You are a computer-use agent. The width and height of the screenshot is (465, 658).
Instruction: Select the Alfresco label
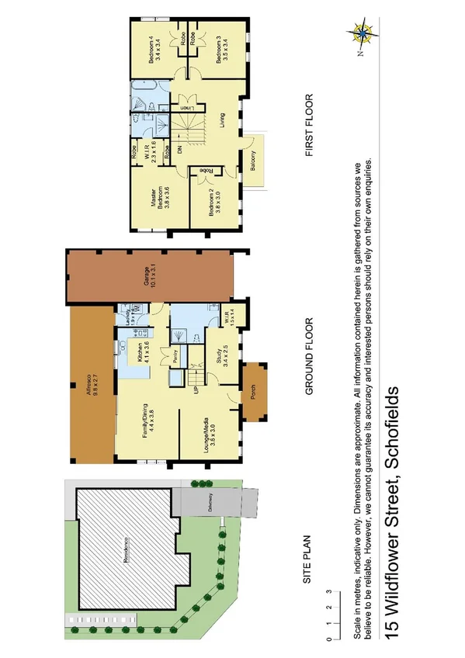[90, 386]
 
